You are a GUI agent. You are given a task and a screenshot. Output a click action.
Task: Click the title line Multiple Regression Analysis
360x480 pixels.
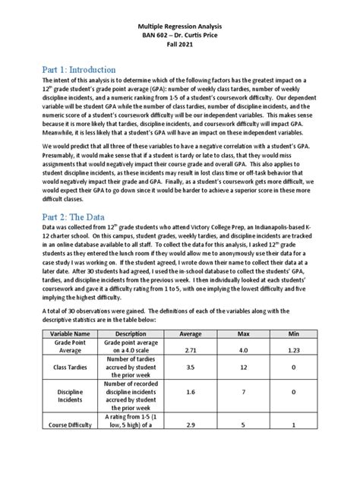click(x=180, y=25)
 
